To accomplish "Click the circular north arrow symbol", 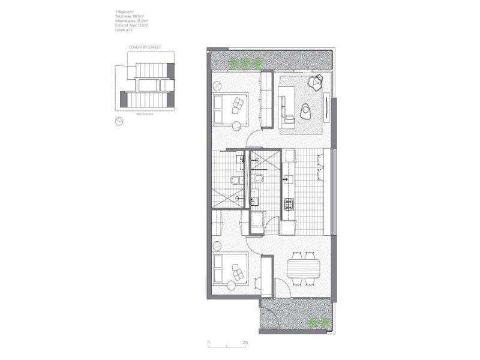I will [119, 121].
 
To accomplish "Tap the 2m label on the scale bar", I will [245, 343].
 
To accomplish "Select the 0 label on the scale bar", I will [209, 343].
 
